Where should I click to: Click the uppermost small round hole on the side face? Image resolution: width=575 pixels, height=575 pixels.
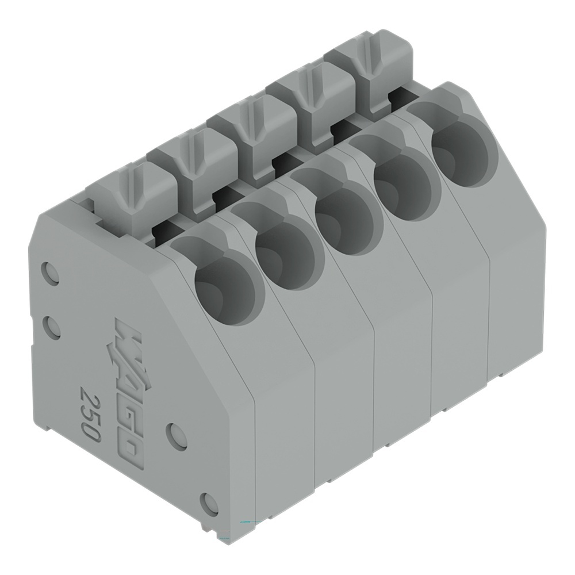tap(51, 274)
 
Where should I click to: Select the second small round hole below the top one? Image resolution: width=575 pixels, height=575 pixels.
tap(52, 327)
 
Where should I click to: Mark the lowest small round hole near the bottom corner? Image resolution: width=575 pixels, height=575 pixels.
tap(209, 504)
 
